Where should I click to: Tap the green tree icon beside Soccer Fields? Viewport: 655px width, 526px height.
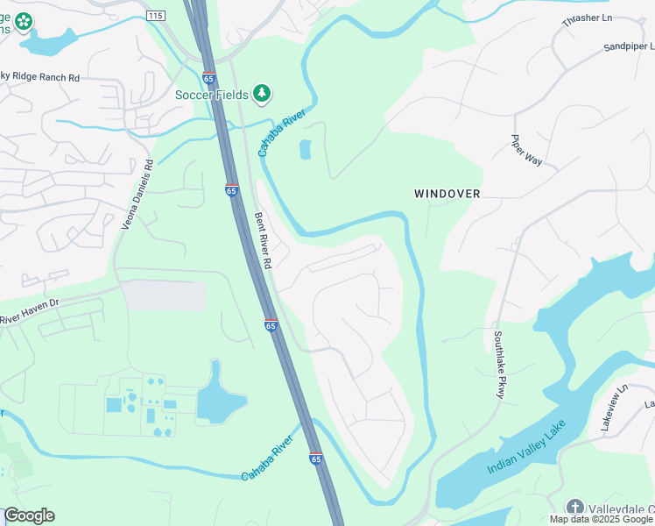pyautogui.click(x=261, y=93)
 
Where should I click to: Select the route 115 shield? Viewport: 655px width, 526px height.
pyautogui.click(x=156, y=16)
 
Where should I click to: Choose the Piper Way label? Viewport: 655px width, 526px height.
pyautogui.click(x=527, y=148)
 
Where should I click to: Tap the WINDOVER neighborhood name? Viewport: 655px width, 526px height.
pyautogui.click(x=447, y=193)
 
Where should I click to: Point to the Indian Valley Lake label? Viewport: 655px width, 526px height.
pyautogui.click(x=526, y=448)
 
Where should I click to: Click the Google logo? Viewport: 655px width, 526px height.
pyautogui.click(x=29, y=515)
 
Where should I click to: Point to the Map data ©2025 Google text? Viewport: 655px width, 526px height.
pyautogui.click(x=600, y=519)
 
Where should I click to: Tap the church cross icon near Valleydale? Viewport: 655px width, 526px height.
pyautogui.click(x=574, y=507)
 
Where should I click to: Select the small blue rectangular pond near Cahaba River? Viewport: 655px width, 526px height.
pyautogui.click(x=305, y=150)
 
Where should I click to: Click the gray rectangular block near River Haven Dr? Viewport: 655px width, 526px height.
pyautogui.click(x=164, y=295)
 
